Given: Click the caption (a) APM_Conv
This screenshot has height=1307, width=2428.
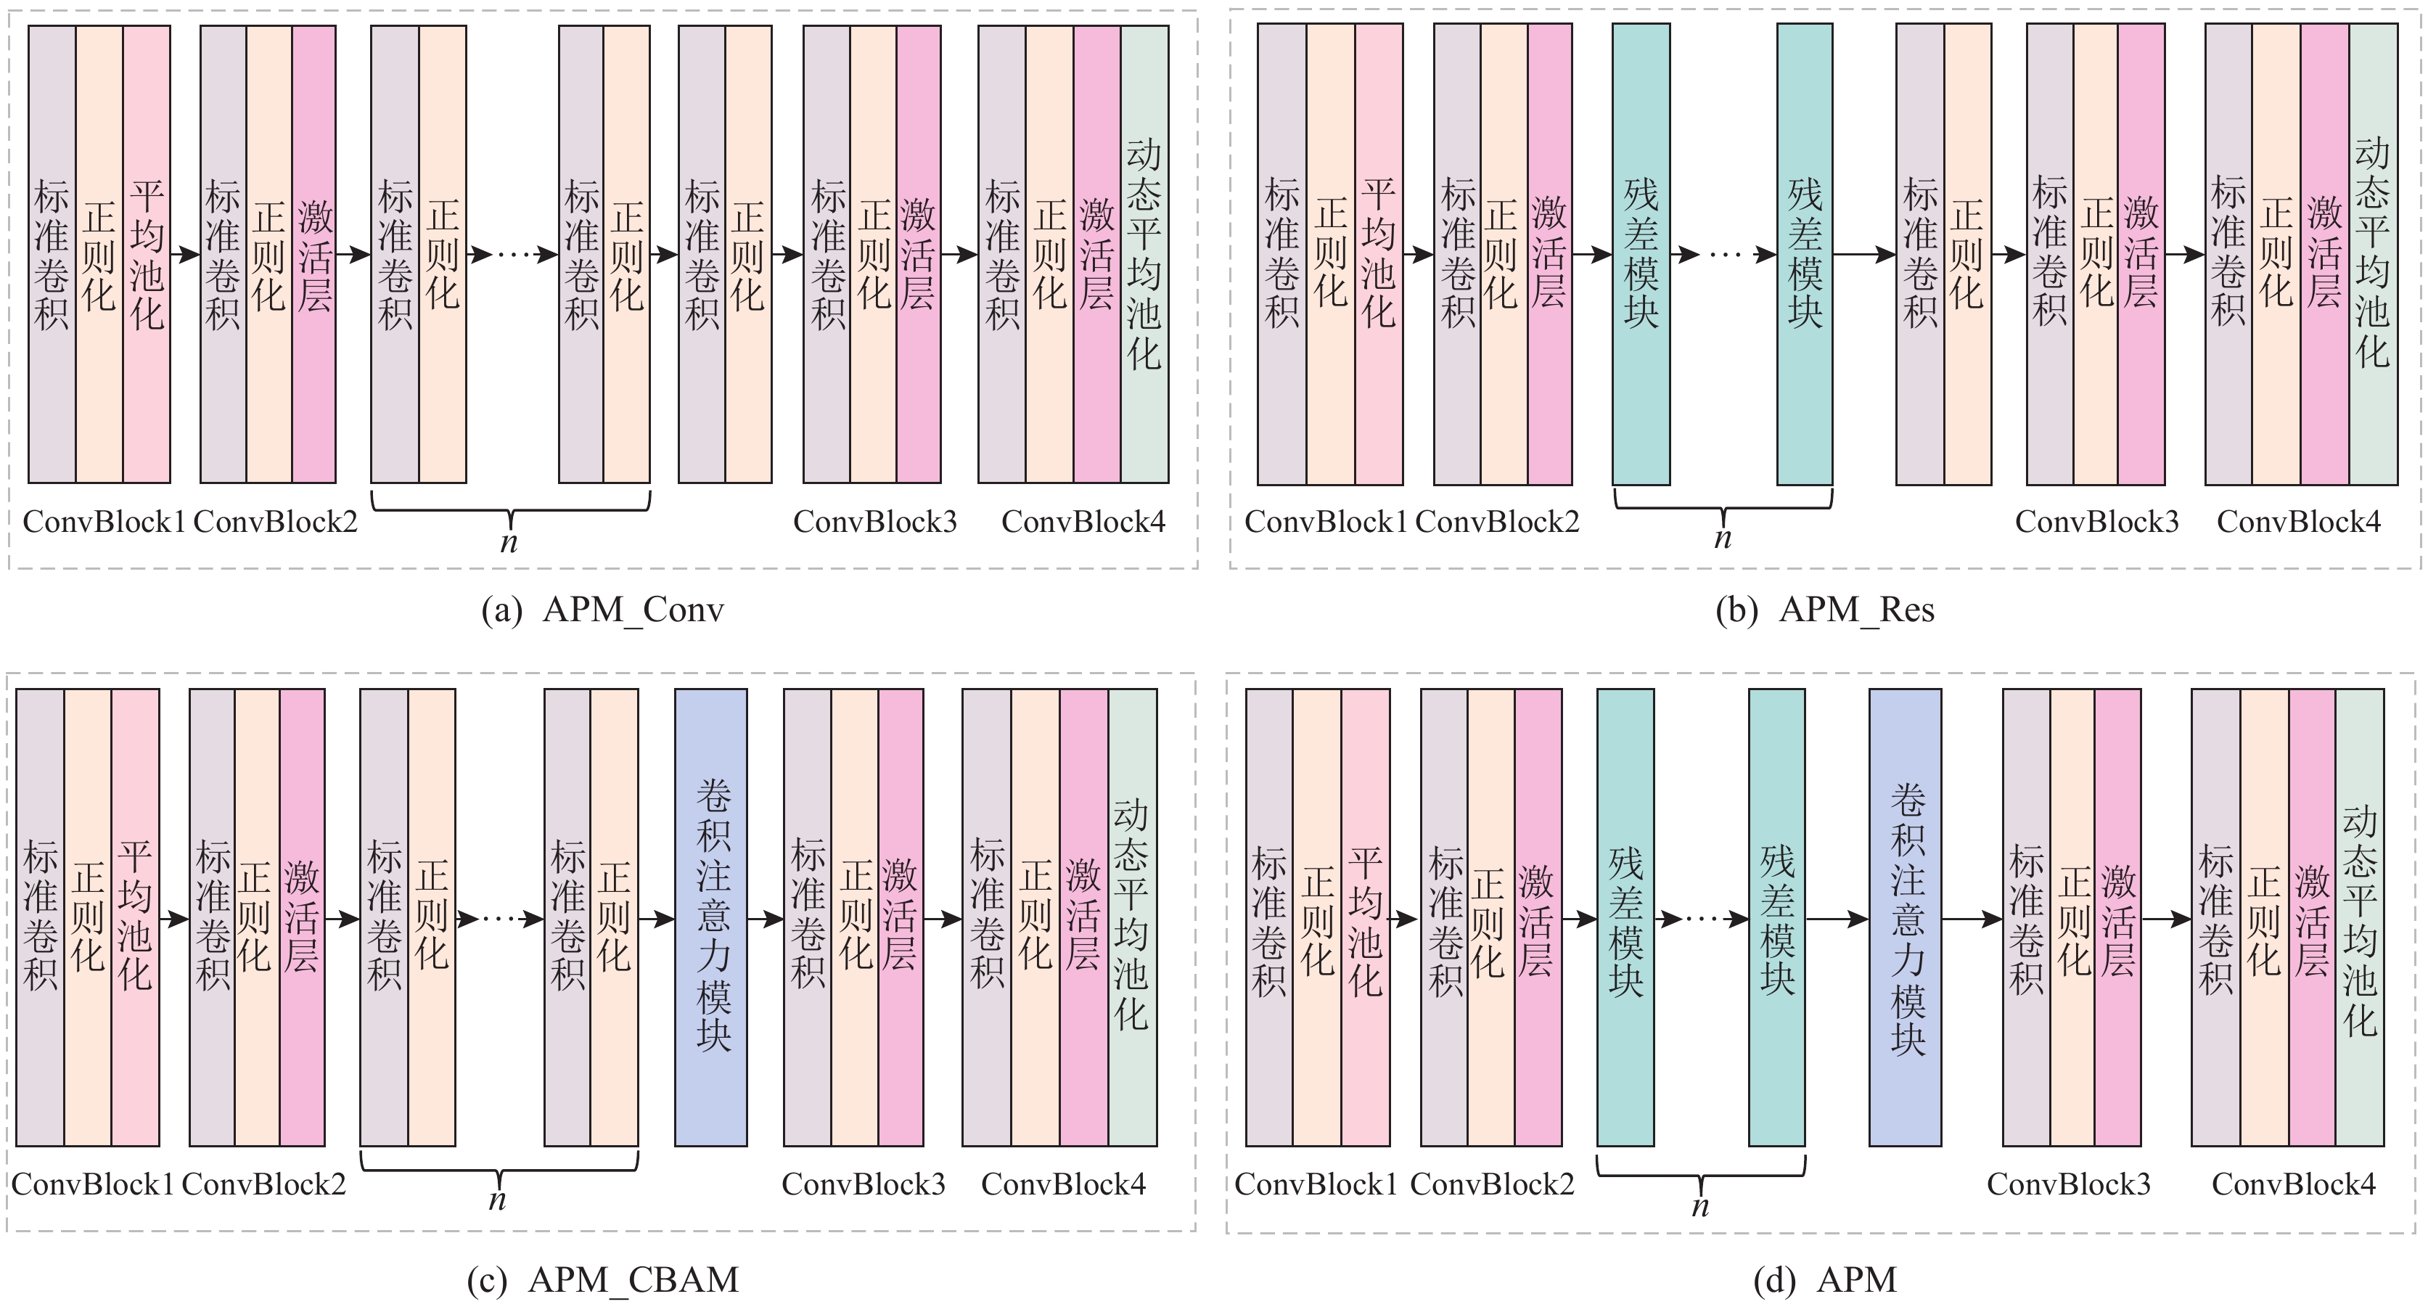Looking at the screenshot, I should tap(602, 610).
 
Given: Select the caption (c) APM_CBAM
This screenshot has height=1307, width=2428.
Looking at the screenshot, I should tap(602, 1279).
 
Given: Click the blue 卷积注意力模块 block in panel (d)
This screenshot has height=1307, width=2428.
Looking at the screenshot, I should tap(1905, 917).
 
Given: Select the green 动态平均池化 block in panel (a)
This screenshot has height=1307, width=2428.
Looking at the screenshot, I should tap(1144, 255).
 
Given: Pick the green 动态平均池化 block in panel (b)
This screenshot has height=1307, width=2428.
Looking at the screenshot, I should tap(2372, 255).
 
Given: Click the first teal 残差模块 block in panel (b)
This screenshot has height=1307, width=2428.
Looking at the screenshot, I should tap(1641, 255).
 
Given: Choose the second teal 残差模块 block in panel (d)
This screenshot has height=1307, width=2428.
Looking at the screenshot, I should tap(1776, 917).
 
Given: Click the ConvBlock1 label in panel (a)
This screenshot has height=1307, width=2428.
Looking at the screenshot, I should tap(104, 522).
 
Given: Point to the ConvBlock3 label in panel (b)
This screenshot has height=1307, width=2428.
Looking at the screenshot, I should tap(2097, 522).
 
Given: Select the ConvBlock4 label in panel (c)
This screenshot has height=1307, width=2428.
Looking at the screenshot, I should tap(1063, 1184).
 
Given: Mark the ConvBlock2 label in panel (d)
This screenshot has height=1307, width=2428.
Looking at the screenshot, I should tap(1492, 1184).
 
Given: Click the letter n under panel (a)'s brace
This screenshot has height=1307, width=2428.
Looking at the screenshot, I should tap(509, 543).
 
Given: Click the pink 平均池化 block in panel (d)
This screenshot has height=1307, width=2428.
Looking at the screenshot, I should tap(1365, 917).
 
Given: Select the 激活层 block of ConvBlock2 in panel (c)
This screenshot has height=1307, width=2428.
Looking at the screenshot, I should tap(302, 917).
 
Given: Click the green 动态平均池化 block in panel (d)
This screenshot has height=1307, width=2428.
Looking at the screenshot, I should tap(2359, 917).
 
